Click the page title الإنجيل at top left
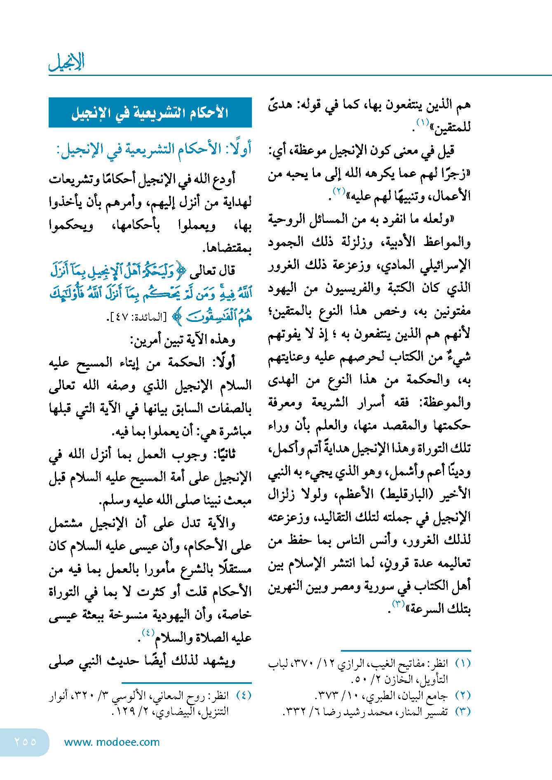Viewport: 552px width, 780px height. tap(67, 62)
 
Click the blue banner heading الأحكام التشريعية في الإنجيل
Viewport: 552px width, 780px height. tap(150, 113)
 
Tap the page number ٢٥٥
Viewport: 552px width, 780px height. tap(25, 742)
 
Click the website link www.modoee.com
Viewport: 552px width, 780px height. tap(112, 742)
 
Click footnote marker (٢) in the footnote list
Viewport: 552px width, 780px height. tap(463, 695)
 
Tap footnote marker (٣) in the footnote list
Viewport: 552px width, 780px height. tap(463, 711)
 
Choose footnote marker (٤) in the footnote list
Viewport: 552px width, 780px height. tap(244, 695)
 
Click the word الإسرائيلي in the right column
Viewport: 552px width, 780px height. tap(446, 265)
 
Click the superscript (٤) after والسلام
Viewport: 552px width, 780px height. tap(148, 632)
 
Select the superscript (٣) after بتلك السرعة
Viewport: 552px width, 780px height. tap(399, 604)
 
